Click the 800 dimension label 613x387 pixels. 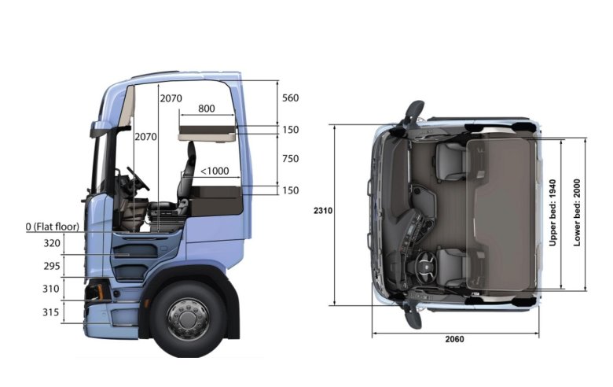tap(207, 109)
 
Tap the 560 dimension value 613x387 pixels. tap(291, 98)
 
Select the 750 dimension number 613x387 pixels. tap(291, 158)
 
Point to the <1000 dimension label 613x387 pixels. tap(215, 171)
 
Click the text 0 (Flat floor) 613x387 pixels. tap(53, 227)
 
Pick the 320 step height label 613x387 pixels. tap(52, 243)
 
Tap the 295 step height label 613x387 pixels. tap(52, 266)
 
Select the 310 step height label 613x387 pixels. tap(51, 289)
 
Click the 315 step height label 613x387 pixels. tap(51, 312)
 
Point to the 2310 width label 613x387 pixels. tap(323, 211)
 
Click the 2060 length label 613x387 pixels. tap(455, 339)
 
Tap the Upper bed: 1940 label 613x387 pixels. tap(552, 213)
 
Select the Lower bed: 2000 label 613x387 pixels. tap(577, 213)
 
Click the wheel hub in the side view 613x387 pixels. tap(188, 319)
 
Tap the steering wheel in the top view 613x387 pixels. tap(425, 267)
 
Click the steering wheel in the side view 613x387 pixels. tap(138, 179)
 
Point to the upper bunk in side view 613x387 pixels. tap(207, 133)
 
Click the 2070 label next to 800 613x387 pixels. tap(171, 98)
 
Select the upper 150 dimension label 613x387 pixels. tap(291, 130)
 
